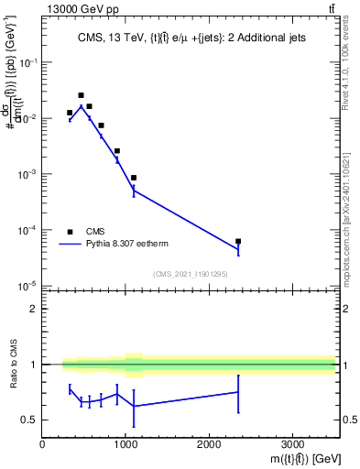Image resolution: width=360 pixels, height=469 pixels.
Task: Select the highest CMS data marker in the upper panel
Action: [81, 95]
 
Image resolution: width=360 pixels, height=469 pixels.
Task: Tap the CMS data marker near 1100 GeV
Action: [134, 178]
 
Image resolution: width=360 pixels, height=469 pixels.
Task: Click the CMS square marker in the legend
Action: [70, 232]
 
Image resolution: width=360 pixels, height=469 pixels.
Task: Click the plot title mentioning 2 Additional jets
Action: [188, 38]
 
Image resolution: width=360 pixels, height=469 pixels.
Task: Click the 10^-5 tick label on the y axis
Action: [27, 286]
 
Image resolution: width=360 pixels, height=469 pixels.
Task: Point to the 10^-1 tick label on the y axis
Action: [27, 62]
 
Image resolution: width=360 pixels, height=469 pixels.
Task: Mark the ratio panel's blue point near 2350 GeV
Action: [238, 392]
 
